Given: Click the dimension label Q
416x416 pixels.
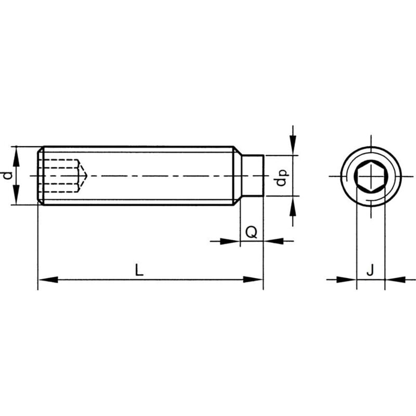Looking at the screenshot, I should pyautogui.click(x=251, y=232).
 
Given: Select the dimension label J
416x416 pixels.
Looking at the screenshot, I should pyautogui.click(x=370, y=270).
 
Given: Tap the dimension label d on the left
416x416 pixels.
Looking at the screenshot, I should pyautogui.click(x=6, y=176).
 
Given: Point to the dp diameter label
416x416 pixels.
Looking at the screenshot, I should pyautogui.click(x=281, y=177).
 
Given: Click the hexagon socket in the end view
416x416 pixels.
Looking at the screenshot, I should pyautogui.click(x=370, y=176).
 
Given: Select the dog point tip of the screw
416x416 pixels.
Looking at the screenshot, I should pyautogui.click(x=253, y=176).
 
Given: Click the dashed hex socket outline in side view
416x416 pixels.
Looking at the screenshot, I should pyautogui.click(x=60, y=176).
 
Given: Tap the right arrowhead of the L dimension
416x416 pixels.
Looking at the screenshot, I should pyautogui.click(x=254, y=280).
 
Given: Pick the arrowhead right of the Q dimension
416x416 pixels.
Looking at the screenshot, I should pyautogui.click(x=274, y=241).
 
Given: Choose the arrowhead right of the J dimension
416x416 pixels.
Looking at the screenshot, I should pyautogui.click(x=395, y=280).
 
